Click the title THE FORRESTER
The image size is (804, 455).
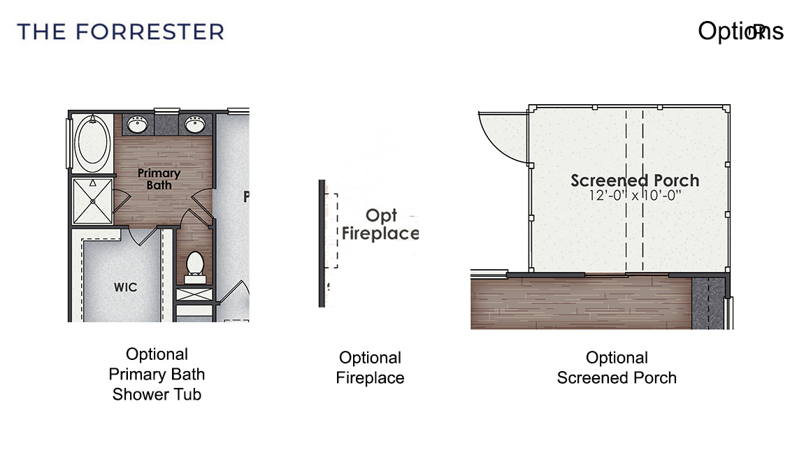point(120,31)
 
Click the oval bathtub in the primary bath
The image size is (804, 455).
point(92,142)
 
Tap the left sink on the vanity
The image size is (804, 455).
point(138,125)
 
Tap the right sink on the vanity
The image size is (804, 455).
point(194,125)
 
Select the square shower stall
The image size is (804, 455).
point(92,201)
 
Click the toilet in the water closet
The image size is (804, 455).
point(195,264)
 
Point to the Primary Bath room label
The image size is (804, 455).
point(159,179)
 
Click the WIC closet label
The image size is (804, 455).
point(126,287)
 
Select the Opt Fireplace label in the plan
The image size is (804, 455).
point(380,225)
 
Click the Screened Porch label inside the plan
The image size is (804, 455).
point(634,180)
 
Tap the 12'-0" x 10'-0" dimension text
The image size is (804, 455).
point(634,196)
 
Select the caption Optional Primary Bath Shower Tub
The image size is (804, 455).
point(157,374)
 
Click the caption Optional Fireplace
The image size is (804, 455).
point(370,368)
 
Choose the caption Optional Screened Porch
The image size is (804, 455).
point(617,368)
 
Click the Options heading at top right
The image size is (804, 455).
point(740,31)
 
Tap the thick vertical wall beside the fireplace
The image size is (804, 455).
point(322,243)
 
